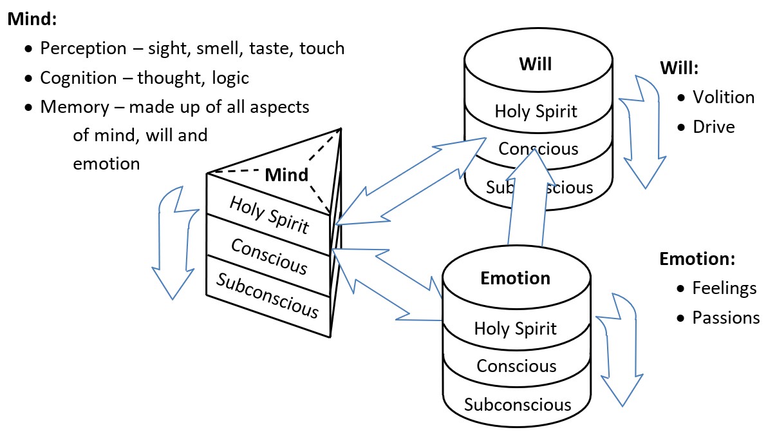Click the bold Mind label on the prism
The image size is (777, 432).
287,175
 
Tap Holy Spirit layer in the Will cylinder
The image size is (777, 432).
536,111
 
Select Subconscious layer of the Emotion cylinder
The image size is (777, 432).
518,404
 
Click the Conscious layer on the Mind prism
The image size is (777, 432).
269,255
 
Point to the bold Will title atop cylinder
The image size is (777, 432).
536,64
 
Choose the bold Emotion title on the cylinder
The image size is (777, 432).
515,278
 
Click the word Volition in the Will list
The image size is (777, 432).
723,97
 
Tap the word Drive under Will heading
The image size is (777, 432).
713,126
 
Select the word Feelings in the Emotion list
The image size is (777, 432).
724,288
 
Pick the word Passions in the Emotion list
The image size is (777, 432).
726,317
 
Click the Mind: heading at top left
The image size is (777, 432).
32,19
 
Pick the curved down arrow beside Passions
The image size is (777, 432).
617,348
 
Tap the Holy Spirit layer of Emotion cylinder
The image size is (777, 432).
515,328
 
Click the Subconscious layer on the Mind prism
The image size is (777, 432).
267,296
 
